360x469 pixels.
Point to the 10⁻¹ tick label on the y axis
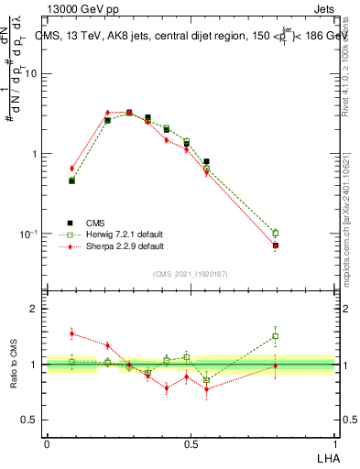(28, 234)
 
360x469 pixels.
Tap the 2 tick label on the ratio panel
(33, 310)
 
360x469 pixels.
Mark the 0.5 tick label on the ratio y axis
(29, 420)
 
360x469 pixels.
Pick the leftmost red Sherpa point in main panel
(71, 169)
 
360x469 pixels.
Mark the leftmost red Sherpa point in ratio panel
(71, 333)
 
